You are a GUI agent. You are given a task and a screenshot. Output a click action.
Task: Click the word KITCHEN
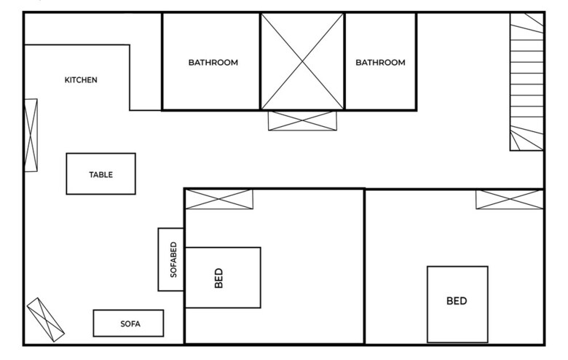point(81,80)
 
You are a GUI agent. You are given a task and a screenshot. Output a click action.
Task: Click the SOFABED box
point(171,259)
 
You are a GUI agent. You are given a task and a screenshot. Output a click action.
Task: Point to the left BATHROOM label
point(213,63)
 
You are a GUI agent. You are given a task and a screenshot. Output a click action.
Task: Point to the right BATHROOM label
point(380,63)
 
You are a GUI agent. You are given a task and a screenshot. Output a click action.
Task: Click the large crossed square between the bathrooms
point(302,61)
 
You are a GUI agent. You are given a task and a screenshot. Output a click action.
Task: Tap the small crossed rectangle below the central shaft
point(303,120)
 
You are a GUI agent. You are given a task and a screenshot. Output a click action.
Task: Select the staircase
point(526,82)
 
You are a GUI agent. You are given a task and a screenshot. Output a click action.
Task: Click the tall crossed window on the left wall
point(31,135)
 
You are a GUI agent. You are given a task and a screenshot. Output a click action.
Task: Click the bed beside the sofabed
point(223,278)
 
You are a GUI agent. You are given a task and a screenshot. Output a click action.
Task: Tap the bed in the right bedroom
point(457,304)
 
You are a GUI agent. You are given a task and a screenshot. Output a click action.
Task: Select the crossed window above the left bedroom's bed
point(218,199)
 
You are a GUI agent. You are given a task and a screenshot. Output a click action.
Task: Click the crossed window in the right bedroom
point(510,199)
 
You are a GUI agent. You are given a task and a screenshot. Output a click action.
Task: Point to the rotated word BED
point(218,278)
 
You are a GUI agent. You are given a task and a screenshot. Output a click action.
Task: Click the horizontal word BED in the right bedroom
point(457,301)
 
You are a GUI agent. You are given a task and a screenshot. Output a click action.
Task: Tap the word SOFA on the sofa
point(130,324)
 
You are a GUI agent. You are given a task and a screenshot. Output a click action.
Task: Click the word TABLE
point(100,175)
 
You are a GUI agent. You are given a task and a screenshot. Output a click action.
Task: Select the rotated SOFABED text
point(173,259)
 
